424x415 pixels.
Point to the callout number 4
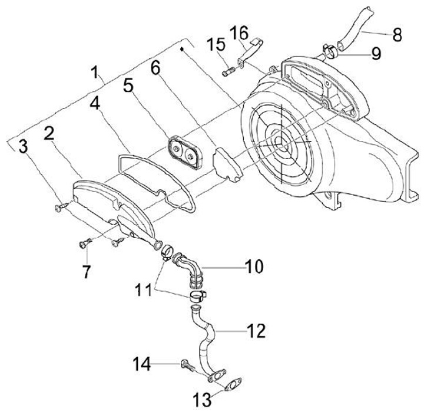[94, 107]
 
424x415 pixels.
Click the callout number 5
[128, 88]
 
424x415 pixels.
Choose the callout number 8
[397, 34]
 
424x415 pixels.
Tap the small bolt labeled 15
[228, 73]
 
